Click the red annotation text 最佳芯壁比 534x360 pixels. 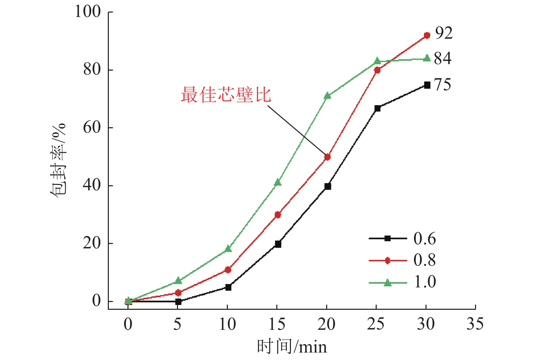click(226, 95)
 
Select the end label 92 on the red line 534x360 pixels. click(444, 33)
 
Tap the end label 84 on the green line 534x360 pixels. click(443, 58)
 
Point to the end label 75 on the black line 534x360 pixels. click(443, 84)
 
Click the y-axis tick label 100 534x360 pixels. click(88, 12)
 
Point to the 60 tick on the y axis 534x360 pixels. click(92, 128)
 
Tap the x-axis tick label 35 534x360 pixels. click(475, 324)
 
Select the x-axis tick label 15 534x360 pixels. click(277, 324)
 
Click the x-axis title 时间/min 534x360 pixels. click(292, 347)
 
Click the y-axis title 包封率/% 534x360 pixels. click(58, 159)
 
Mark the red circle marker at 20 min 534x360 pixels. click(328, 157)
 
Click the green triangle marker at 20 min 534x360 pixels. click(328, 96)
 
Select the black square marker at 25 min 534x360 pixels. click(377, 108)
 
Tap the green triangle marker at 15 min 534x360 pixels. click(278, 183)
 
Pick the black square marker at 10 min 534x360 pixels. click(228, 287)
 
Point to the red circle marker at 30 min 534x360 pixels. click(427, 35)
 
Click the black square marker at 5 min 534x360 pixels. click(178, 302)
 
